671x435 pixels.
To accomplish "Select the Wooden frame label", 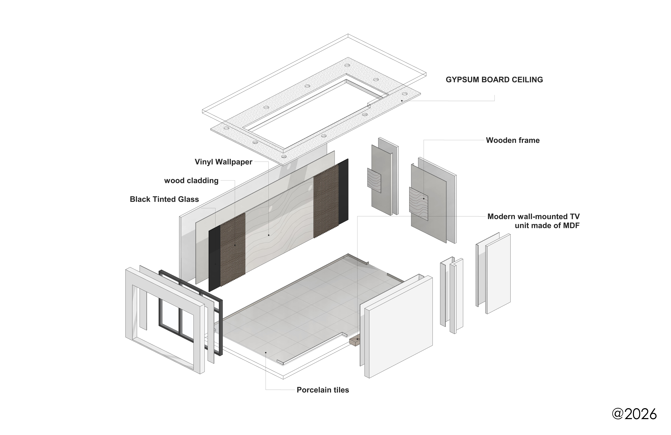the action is [x=513, y=140].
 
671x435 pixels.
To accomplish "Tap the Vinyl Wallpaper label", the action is [x=223, y=162].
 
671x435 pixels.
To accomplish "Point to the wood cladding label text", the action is [x=191, y=181].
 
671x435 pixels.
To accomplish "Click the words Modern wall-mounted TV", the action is [x=533, y=217].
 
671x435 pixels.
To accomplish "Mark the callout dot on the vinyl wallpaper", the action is [x=269, y=235].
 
